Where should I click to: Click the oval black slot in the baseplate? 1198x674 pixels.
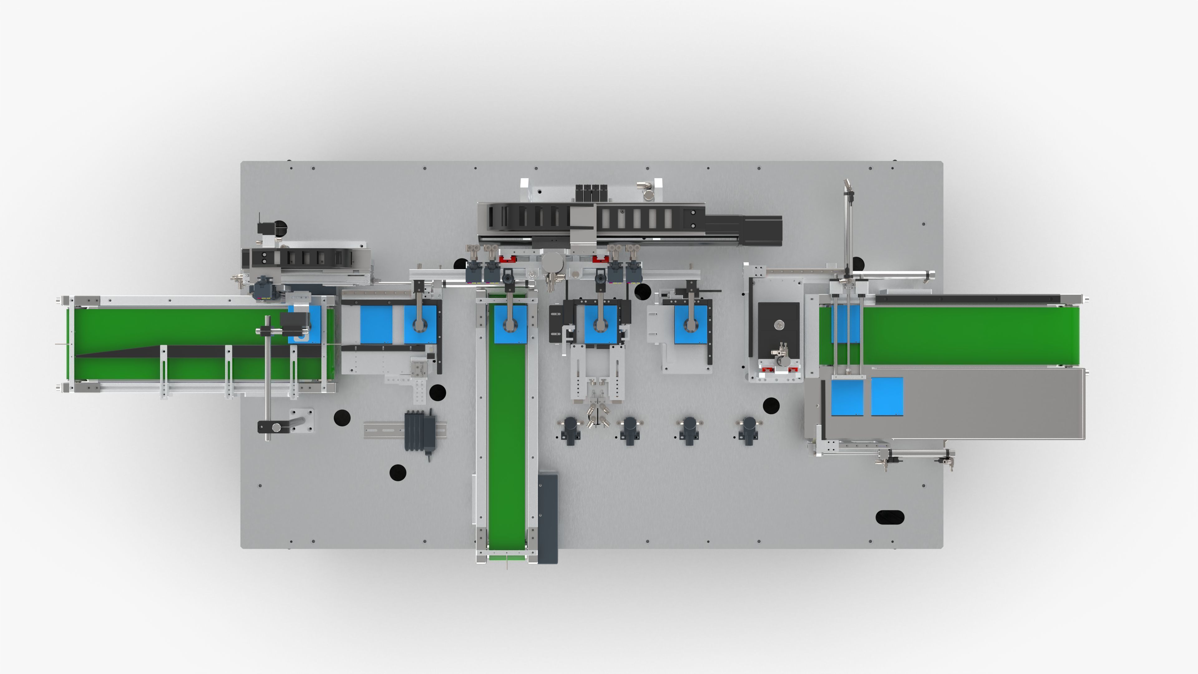click(890, 517)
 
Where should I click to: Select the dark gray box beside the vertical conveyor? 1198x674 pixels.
click(548, 517)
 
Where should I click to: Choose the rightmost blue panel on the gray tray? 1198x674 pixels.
click(887, 396)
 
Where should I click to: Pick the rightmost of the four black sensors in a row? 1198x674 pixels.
click(749, 430)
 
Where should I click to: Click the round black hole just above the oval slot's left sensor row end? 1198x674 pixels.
click(771, 405)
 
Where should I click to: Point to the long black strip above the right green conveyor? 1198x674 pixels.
click(967, 298)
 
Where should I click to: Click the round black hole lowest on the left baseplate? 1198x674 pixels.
click(398, 473)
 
